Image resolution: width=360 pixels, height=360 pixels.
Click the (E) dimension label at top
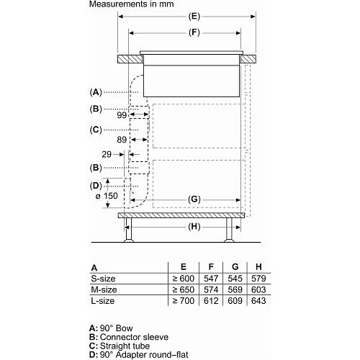coord(194,17)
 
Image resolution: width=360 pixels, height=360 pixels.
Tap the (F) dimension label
coord(194,32)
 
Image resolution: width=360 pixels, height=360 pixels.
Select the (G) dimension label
coord(194,199)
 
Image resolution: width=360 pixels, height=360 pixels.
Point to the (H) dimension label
coord(194,227)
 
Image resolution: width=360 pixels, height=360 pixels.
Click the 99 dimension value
coord(122,115)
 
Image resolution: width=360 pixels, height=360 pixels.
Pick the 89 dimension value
coord(122,140)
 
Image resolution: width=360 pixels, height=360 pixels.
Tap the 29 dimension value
coord(107,154)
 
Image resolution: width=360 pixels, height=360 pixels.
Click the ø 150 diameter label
coord(107,196)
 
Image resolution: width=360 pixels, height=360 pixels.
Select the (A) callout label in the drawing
coord(96,92)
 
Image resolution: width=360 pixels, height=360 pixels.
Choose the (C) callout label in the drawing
coord(96,130)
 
